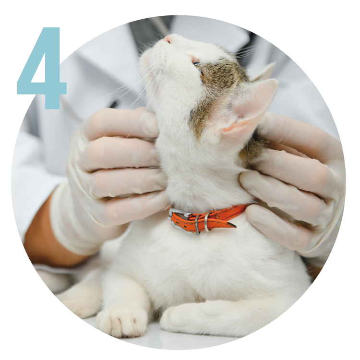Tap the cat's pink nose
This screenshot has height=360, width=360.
coord(169,38)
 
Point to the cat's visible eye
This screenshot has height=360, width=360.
coord(196,63)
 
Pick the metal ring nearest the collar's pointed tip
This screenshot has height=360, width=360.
coord(207,222)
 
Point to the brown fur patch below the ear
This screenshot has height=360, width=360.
coord(252,147)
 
